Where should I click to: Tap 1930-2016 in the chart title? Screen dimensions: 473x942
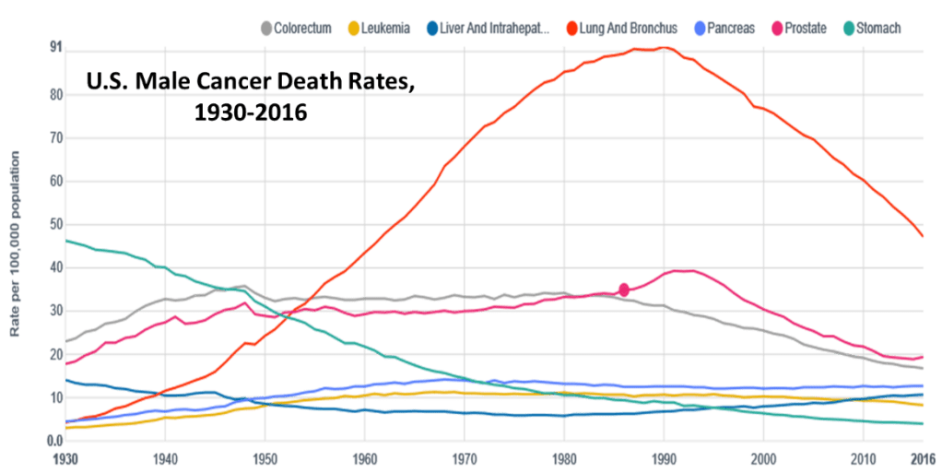[x=250, y=112]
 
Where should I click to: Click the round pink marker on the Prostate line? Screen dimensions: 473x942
[x=624, y=290]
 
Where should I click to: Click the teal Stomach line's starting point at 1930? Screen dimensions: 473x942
[x=67, y=242]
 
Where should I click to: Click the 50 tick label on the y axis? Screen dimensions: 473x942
[x=56, y=223]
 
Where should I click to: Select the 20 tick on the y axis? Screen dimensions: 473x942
[x=56, y=354]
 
